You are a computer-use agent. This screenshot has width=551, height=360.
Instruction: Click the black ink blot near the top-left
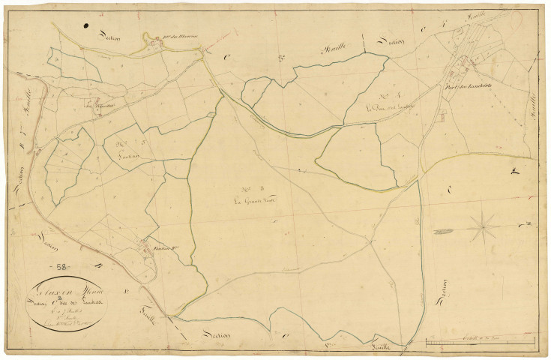click(88, 28)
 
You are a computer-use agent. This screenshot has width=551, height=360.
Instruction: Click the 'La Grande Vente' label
click(253, 202)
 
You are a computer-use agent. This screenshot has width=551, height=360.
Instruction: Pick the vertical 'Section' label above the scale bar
click(443, 287)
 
